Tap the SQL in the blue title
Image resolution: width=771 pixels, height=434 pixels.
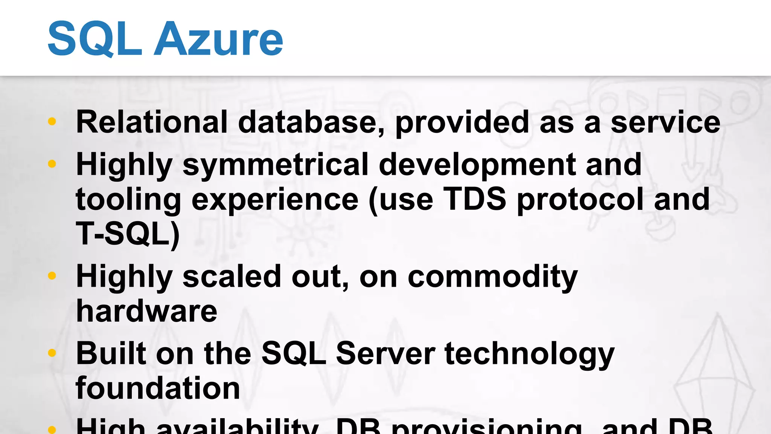[94, 39]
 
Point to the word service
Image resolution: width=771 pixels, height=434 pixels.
[665, 122]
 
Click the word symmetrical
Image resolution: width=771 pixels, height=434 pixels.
[275, 165]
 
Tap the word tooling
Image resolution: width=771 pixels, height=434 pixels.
[128, 199]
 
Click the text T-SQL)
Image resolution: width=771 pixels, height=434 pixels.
[128, 234]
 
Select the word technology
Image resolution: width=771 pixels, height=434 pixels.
[529, 354]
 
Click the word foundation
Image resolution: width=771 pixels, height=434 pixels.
[158, 388]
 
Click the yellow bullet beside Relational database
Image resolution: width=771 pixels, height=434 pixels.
[52, 121]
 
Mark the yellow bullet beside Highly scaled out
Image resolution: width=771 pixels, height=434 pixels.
[52, 276]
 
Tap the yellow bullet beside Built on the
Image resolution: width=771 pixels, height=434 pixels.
[52, 353]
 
